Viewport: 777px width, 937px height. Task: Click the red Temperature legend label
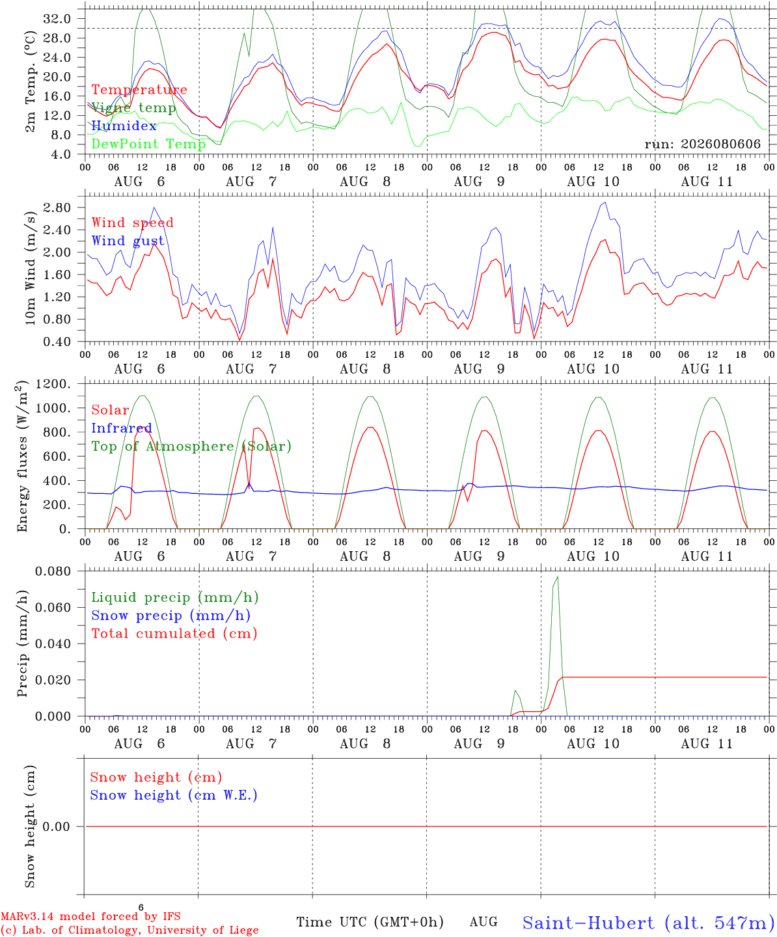point(139,90)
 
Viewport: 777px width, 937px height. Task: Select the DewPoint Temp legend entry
point(148,144)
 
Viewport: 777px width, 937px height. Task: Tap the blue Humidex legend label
point(124,126)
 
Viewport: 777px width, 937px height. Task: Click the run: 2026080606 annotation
point(702,144)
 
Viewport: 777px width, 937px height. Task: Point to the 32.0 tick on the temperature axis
point(57,19)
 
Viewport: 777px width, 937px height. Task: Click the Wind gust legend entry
point(128,241)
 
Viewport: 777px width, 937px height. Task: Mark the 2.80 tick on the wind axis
point(57,208)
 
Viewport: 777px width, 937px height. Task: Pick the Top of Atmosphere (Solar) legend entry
point(192,446)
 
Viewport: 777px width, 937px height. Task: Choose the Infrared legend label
point(122,428)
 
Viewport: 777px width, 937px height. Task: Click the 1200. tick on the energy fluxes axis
point(53,384)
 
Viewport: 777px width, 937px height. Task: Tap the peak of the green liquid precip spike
point(558,577)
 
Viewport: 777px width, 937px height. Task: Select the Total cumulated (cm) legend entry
point(174,634)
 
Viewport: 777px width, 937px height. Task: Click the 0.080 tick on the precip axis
point(53,571)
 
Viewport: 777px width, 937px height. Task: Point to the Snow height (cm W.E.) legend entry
point(174,795)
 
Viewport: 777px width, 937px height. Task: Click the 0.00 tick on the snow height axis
point(56,826)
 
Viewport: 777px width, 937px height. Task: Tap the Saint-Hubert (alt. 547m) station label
point(649,923)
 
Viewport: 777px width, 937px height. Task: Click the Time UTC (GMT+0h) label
point(370,922)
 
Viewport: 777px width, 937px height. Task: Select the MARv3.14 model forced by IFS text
point(90,916)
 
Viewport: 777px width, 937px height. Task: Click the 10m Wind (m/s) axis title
point(30,267)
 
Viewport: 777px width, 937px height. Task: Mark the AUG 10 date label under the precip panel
point(593,744)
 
